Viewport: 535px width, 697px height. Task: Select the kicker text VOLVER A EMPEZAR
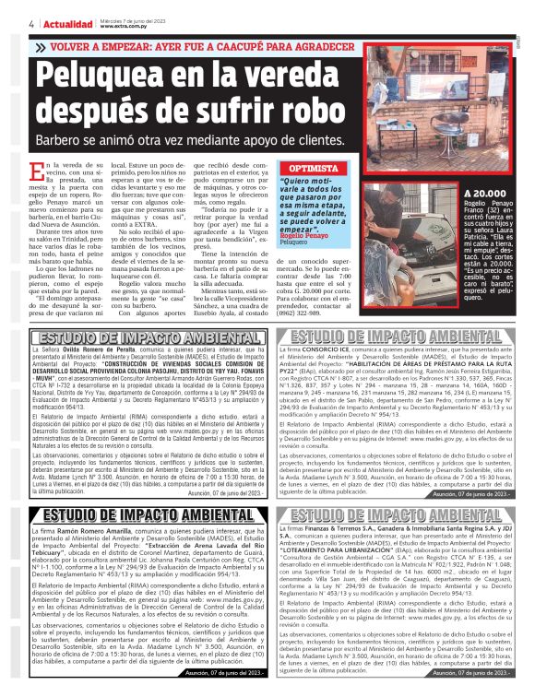pos(102,44)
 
